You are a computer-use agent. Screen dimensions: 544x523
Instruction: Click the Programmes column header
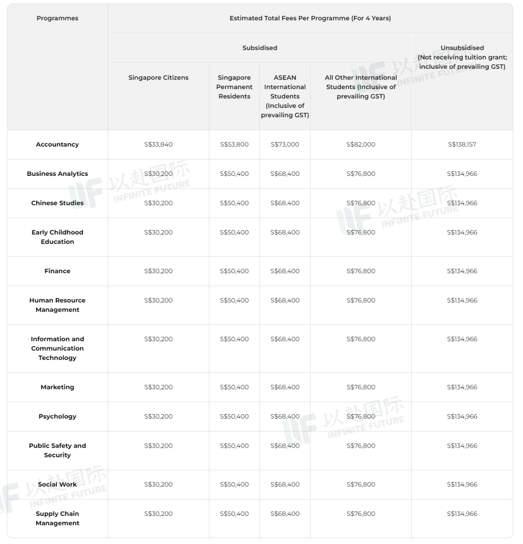pos(57,18)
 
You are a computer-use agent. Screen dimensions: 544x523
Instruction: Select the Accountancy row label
pos(57,144)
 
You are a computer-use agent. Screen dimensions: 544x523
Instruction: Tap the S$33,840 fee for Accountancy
pos(158,144)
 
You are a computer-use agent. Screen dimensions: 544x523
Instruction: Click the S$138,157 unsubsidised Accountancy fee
pos(462,144)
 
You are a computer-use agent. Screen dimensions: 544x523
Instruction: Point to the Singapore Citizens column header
pos(158,78)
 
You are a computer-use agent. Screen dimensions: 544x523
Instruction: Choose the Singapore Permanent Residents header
pos(234,87)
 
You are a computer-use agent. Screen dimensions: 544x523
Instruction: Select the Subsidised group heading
pos(260,48)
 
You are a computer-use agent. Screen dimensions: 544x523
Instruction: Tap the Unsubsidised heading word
pos(462,48)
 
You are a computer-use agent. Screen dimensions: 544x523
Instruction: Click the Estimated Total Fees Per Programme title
pos(310,18)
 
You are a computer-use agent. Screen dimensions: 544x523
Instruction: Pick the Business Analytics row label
pos(57,174)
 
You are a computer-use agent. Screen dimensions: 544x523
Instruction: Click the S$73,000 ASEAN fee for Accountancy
pos(285,144)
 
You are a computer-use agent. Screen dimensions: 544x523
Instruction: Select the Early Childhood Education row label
pos(57,237)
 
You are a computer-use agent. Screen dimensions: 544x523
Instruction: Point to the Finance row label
pos(57,271)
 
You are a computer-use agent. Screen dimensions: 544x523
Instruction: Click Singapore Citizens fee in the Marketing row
pos(158,387)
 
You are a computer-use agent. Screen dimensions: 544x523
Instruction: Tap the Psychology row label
pos(57,417)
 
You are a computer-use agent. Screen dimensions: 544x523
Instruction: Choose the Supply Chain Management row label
pos(57,518)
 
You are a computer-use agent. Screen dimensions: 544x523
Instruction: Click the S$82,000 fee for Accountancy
pos(361,144)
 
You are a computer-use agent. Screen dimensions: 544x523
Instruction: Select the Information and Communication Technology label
pos(57,348)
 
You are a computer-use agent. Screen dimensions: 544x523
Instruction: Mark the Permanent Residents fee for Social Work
pos(234,484)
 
